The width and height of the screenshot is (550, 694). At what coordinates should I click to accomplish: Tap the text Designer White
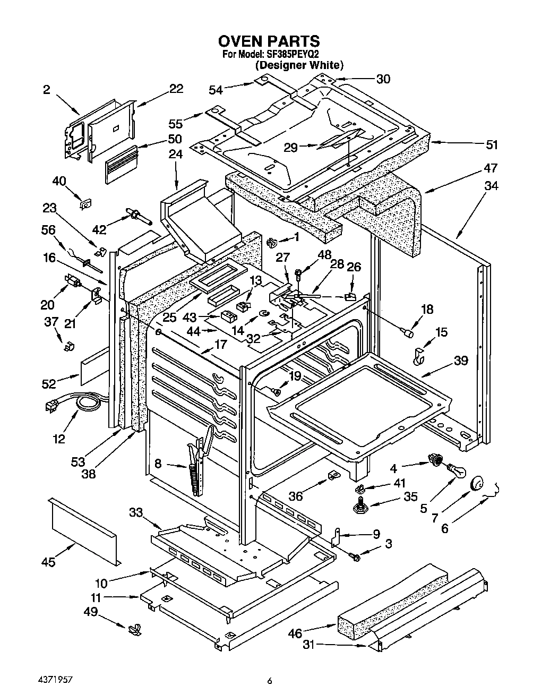(x=299, y=65)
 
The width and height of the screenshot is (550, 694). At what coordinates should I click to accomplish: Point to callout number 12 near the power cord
(x=59, y=439)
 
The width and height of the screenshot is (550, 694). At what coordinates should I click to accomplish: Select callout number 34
(x=491, y=186)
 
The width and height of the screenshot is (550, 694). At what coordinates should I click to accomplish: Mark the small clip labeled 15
(x=419, y=356)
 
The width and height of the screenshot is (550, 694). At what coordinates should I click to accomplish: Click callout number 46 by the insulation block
(x=296, y=633)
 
